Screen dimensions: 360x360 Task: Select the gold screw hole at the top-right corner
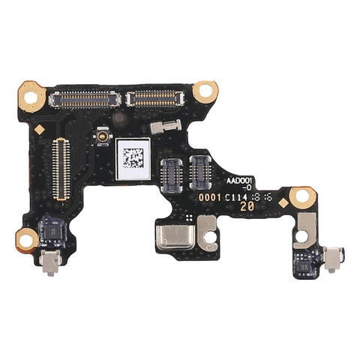(205, 91)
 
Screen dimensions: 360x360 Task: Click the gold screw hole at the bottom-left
(27, 240)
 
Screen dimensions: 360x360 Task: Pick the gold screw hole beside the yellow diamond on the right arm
(302, 197)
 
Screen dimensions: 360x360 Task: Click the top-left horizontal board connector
(84, 97)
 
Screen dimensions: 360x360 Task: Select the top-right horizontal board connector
(156, 97)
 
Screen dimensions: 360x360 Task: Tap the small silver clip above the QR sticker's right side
(163, 127)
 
